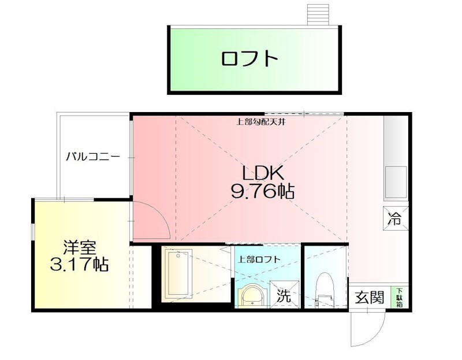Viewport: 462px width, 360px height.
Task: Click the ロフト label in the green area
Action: coord(249,59)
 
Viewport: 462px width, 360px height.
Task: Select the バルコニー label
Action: coord(92,156)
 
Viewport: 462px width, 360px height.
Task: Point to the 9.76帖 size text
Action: coord(262,191)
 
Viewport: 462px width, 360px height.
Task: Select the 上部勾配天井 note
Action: coord(262,123)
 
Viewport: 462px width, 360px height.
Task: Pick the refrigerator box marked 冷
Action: coord(395,218)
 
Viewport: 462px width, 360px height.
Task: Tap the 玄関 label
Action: coord(369,298)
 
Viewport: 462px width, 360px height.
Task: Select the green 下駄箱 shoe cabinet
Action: coord(399,297)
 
